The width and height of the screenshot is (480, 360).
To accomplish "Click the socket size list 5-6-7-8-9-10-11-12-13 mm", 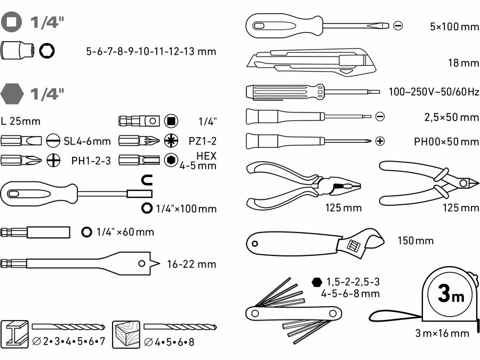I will click(x=151, y=52).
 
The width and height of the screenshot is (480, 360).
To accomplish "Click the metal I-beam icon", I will click(x=14, y=335).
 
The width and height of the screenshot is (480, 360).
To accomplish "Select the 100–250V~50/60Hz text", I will click(x=434, y=92).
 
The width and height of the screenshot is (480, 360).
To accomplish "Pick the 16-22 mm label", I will click(x=191, y=264).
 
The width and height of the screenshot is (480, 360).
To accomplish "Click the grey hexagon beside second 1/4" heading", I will click(x=13, y=94).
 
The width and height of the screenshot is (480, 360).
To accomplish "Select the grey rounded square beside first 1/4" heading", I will click(x=12, y=22).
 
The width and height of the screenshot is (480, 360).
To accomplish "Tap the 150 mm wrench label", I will click(x=415, y=241).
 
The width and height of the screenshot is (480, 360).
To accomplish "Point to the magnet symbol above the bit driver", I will click(x=147, y=180).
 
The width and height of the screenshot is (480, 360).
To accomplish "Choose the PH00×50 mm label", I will click(x=446, y=142).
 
